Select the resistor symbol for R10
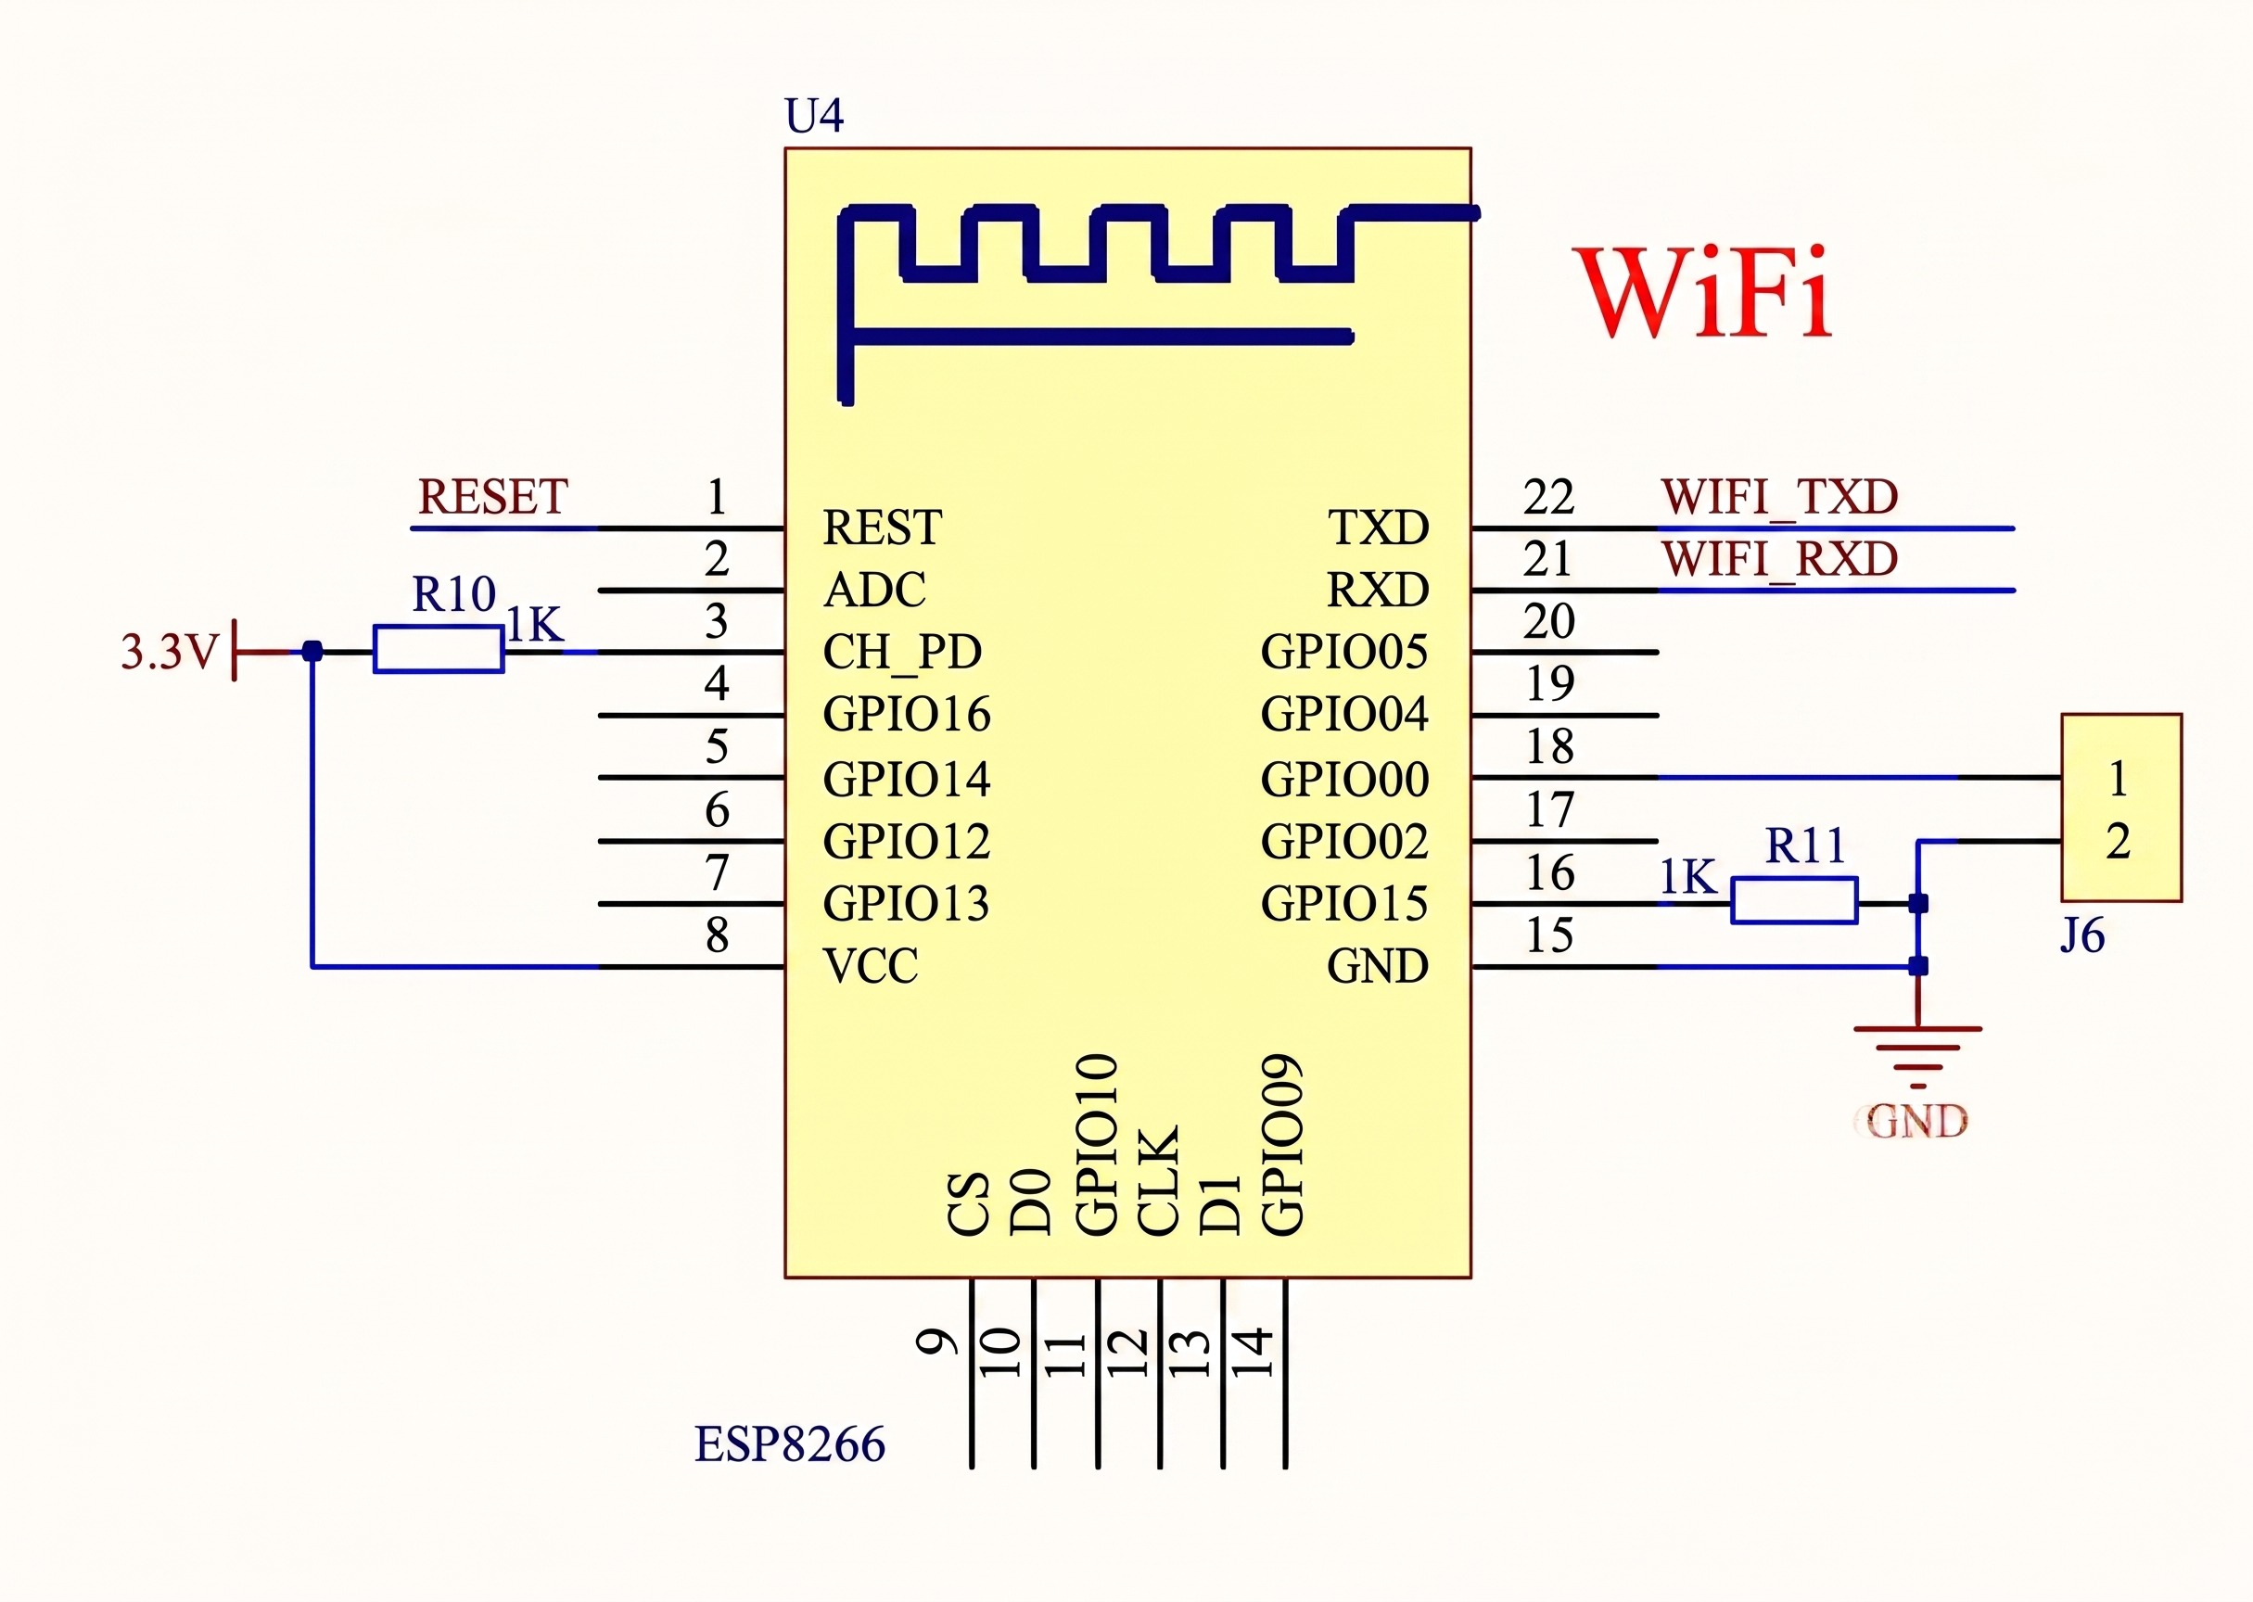pyautogui.click(x=439, y=649)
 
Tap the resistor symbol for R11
pyautogui.click(x=1794, y=900)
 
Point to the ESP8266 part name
pyautogui.click(x=790, y=1444)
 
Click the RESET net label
pyautogui.click(x=492, y=496)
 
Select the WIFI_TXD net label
pyautogui.click(x=1779, y=497)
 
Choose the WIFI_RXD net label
pyautogui.click(x=1779, y=559)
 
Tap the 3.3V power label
pyautogui.click(x=169, y=651)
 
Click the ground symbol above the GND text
pyautogui.click(x=1917, y=1057)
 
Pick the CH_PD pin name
pyautogui.click(x=902, y=652)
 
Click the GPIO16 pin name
pyautogui.click(x=907, y=714)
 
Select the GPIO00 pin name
pyautogui.click(x=1344, y=780)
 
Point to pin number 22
pyautogui.click(x=1548, y=497)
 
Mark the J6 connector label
pyautogui.click(x=2082, y=935)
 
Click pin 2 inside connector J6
pyautogui.click(x=2118, y=842)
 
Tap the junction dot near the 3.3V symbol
pyautogui.click(x=312, y=651)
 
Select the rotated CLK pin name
pyautogui.click(x=1158, y=1180)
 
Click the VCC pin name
pyautogui.click(x=870, y=966)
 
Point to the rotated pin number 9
pyautogui.click(x=937, y=1341)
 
